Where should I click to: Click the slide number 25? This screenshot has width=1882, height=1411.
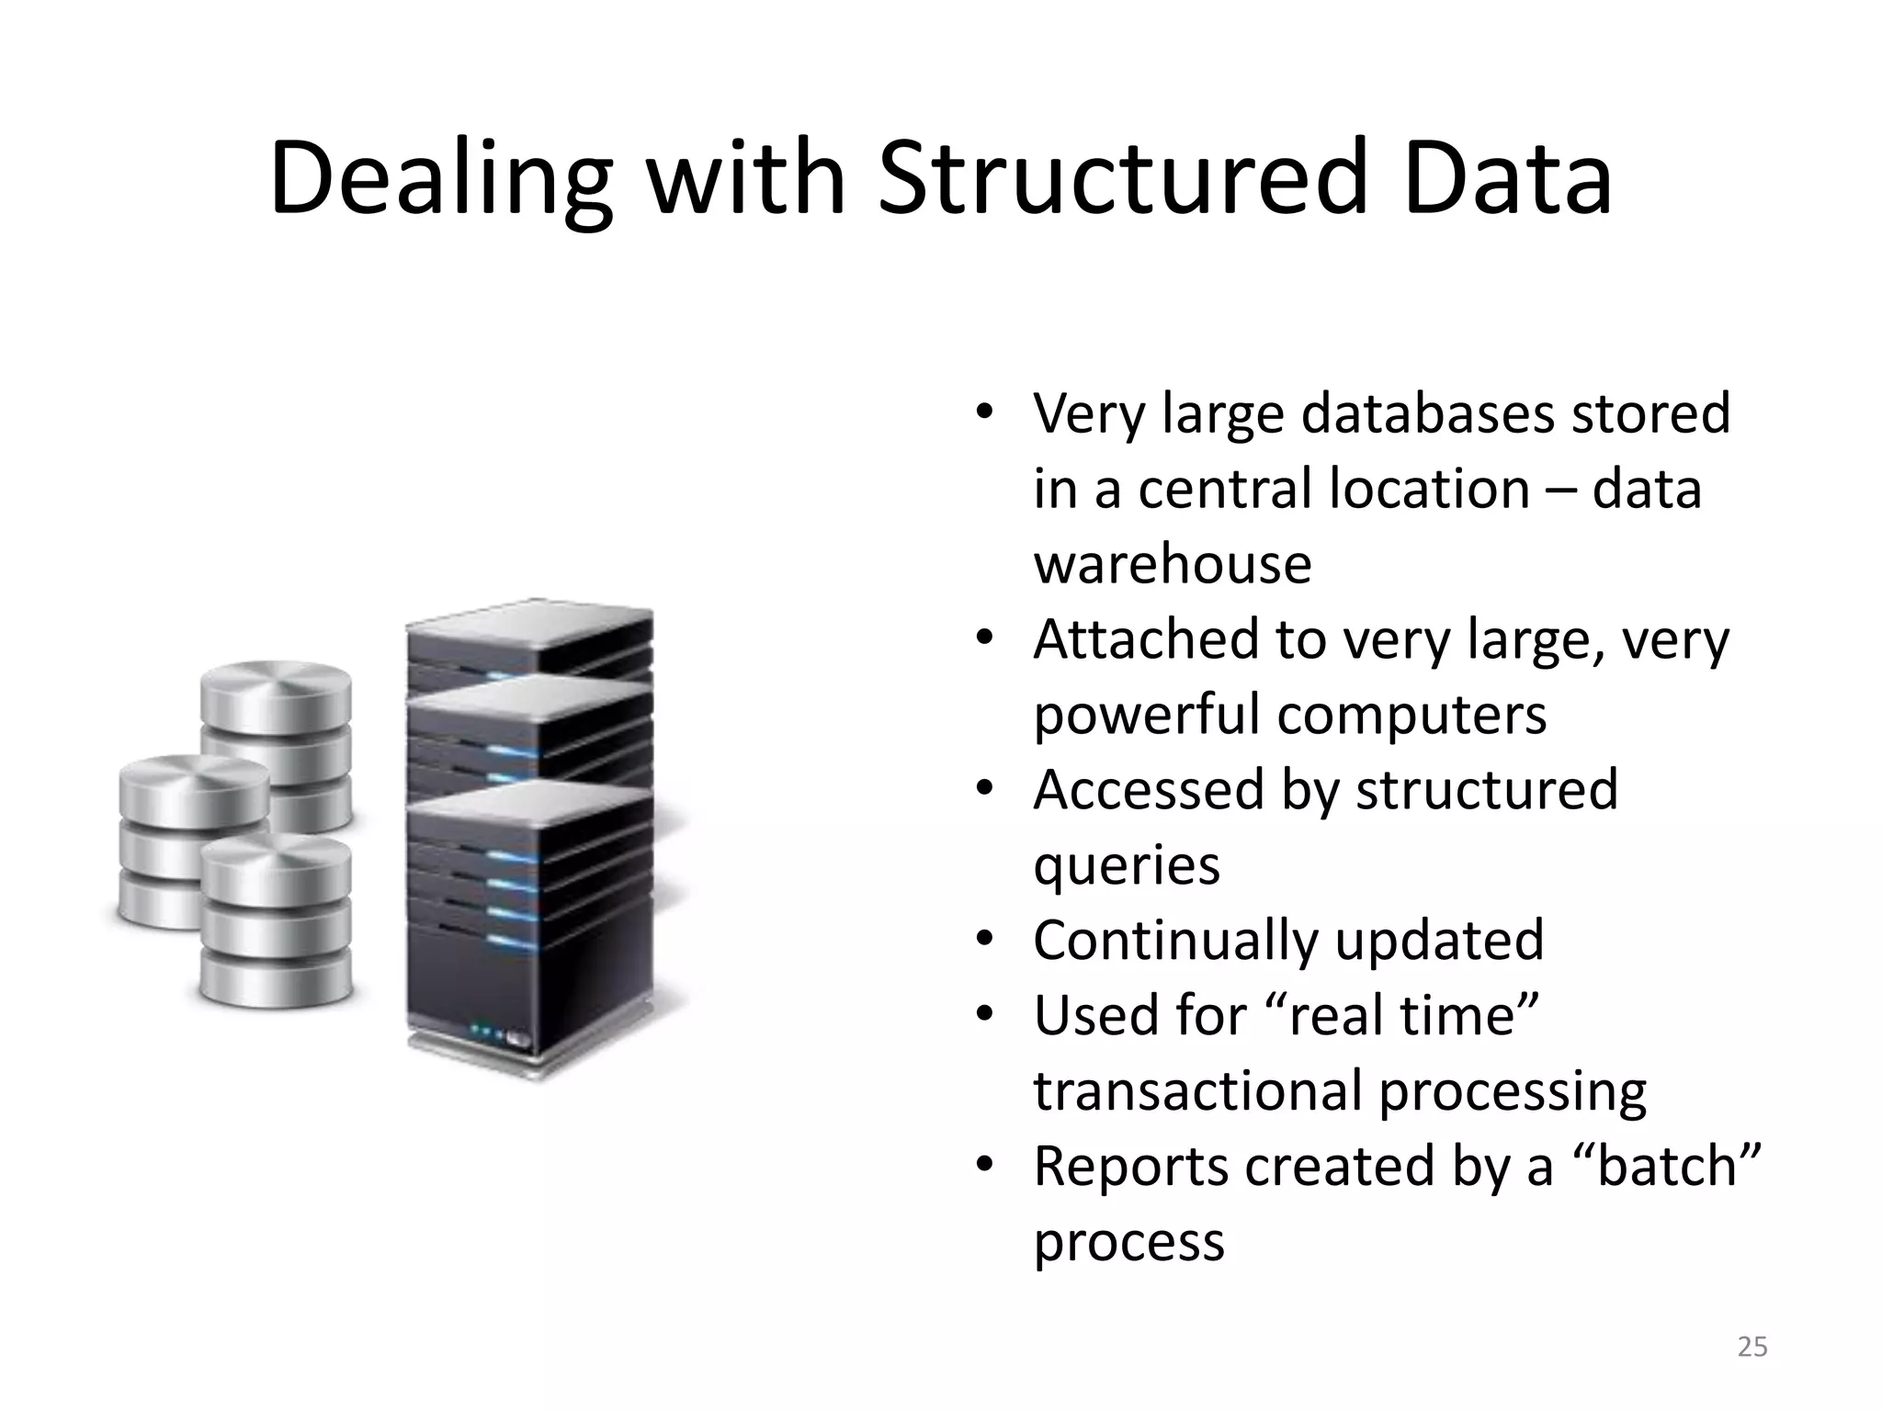coord(1752,1347)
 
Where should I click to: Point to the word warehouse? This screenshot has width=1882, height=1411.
coord(1172,563)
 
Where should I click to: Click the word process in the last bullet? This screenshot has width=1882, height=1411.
coord(1128,1242)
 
